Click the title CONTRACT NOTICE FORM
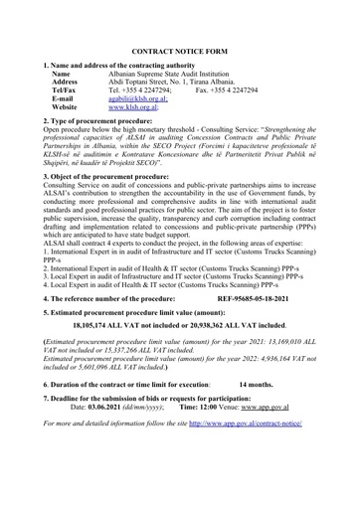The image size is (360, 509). pyautogui.click(x=180, y=47)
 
